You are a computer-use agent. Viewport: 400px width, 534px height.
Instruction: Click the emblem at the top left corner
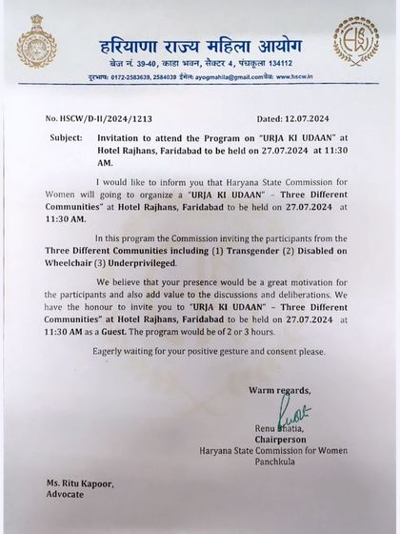pos(37,40)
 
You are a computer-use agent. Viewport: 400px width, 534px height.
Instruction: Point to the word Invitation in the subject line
pos(119,138)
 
